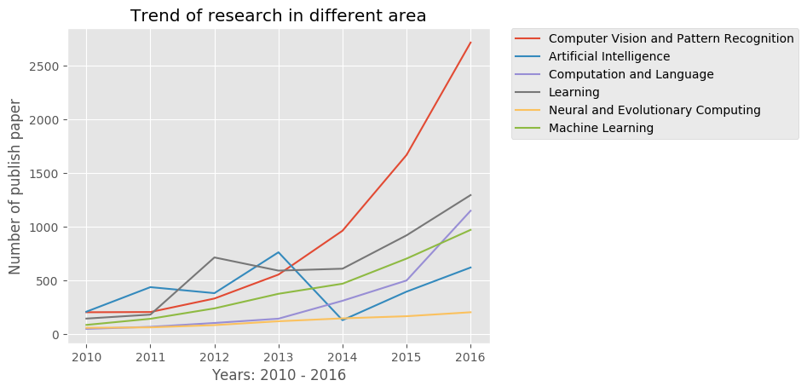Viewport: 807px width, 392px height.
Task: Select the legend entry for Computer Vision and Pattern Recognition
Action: (x=672, y=38)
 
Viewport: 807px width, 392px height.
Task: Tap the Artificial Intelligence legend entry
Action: (x=609, y=56)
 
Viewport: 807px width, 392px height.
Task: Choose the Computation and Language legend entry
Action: (x=631, y=74)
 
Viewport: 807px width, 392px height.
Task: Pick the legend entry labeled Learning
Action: (x=574, y=92)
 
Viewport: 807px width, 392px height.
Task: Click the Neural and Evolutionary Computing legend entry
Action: (x=654, y=110)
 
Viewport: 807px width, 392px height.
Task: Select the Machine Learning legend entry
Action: (x=601, y=128)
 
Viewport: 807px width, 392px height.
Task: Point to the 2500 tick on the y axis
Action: (x=54, y=66)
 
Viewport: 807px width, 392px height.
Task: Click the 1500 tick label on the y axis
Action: (x=54, y=174)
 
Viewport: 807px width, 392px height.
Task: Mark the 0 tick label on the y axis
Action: (x=65, y=335)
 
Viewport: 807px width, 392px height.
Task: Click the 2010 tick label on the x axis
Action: (x=85, y=356)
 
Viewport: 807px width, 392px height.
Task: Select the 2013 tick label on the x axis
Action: (x=278, y=356)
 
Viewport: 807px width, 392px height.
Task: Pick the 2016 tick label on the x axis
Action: (x=470, y=356)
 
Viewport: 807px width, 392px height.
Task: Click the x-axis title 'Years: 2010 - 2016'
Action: (x=279, y=375)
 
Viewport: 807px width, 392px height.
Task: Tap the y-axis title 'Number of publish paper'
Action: (x=16, y=187)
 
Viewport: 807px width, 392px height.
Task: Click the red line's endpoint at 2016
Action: (x=470, y=43)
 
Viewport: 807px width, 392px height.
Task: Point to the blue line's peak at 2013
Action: (x=278, y=252)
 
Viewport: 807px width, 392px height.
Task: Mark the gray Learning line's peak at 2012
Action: (x=214, y=257)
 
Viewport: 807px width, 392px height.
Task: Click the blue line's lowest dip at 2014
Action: (x=343, y=320)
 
